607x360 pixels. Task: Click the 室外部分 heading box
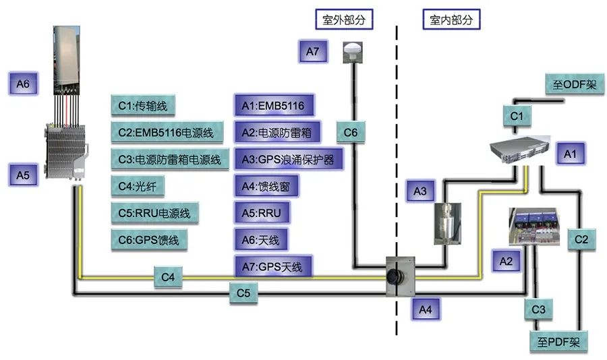point(344,19)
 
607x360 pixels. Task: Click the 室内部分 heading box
point(451,19)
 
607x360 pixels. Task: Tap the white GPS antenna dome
point(353,51)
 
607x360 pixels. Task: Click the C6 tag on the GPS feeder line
point(351,132)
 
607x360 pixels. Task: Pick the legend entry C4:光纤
point(138,186)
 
